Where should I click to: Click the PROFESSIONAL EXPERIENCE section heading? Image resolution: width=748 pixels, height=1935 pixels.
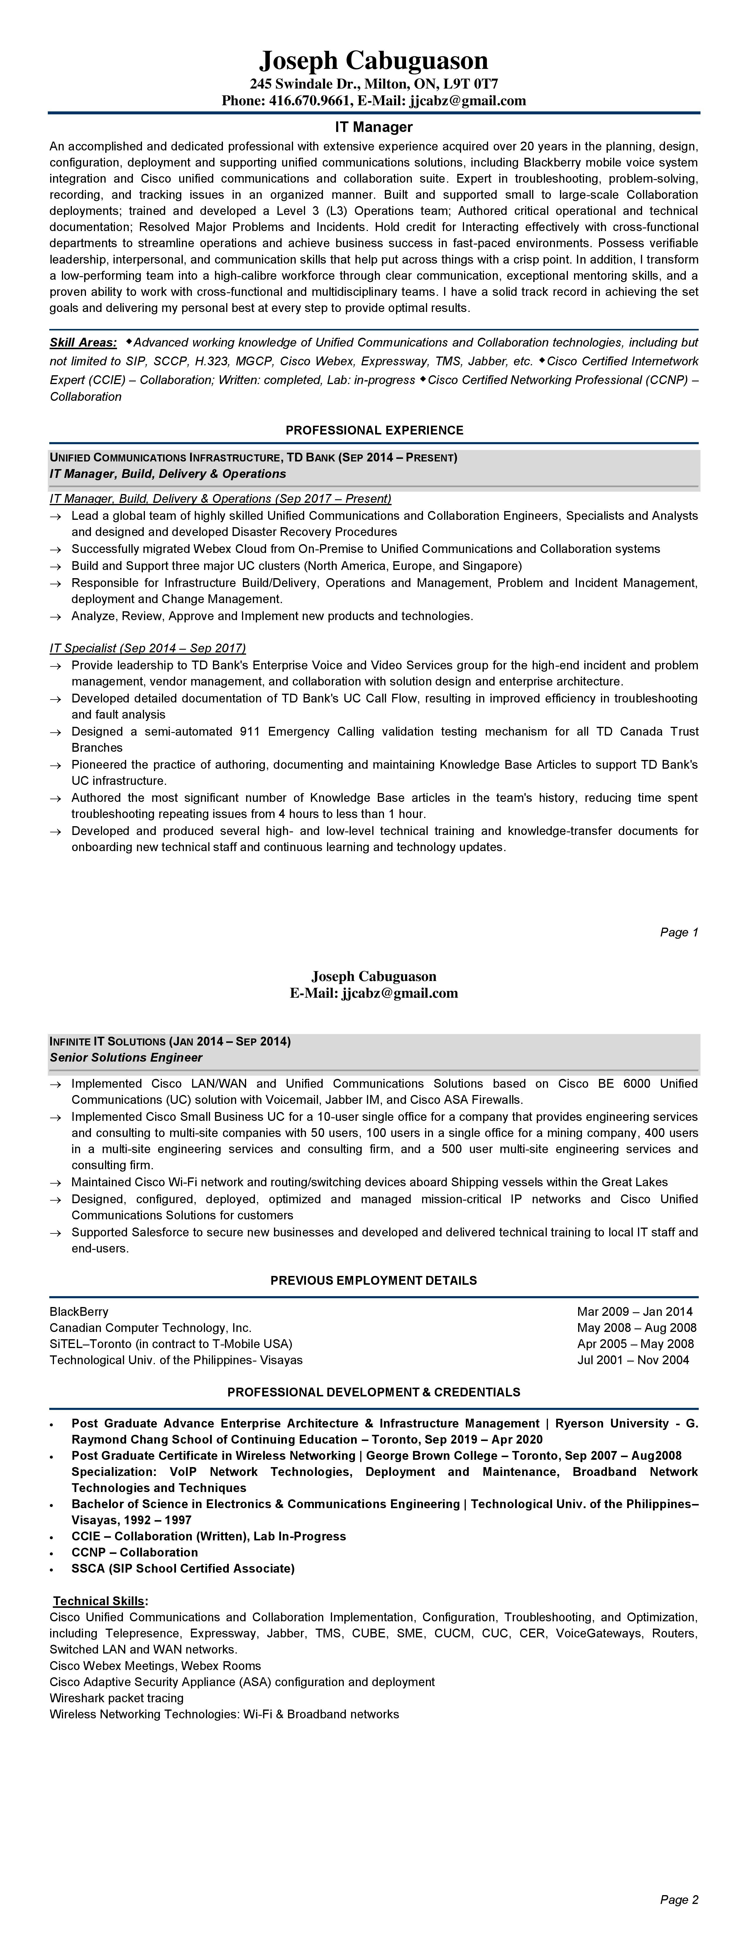tap(374, 430)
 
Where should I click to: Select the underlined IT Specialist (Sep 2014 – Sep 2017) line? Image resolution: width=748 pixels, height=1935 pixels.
tap(147, 648)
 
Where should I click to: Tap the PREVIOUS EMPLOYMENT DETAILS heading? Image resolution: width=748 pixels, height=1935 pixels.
tap(374, 1281)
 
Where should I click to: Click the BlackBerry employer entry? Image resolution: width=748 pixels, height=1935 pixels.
tap(79, 1311)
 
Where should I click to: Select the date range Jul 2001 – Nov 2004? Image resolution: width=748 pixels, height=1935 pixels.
tap(633, 1359)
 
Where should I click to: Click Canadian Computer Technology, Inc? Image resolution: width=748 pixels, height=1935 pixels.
tap(150, 1327)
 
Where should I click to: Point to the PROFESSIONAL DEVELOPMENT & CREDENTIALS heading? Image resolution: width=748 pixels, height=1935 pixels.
tap(374, 1392)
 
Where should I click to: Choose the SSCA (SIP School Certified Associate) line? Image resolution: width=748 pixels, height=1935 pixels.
tap(183, 1569)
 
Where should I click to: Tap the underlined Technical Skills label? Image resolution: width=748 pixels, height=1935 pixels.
tap(100, 1601)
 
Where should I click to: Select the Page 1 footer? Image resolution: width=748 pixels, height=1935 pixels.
tap(679, 932)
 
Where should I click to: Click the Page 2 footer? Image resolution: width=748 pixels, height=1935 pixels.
tap(679, 1900)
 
